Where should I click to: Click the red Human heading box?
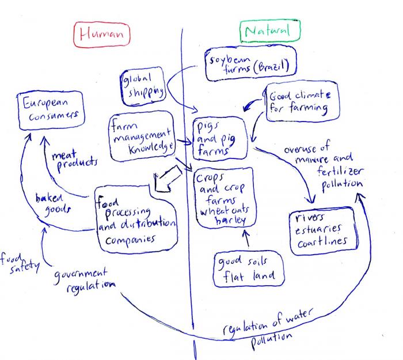coord(101,35)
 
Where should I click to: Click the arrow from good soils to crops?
coord(248,238)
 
